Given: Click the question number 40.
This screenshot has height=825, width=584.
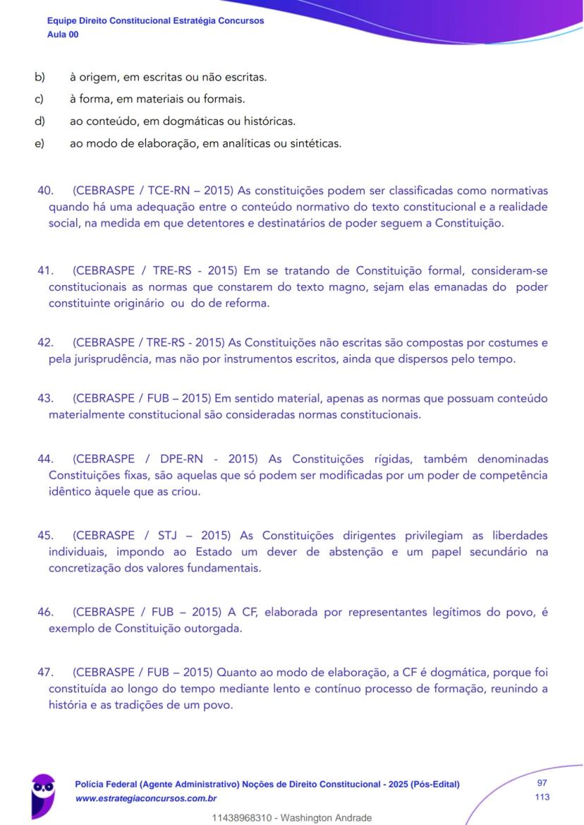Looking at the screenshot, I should (46, 191).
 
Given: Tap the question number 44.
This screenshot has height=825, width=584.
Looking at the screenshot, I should (46, 459).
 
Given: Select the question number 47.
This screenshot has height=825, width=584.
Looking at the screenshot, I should (46, 672).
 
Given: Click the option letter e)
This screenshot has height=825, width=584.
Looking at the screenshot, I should (39, 144).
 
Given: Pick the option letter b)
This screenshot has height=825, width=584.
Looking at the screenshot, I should (39, 76).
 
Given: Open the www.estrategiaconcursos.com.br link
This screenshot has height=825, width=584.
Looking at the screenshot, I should (145, 797).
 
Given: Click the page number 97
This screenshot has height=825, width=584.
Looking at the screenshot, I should (542, 783).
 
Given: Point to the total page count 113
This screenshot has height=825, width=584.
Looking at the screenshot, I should (542, 797).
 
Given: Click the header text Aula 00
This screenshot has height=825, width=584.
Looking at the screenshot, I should (63, 34).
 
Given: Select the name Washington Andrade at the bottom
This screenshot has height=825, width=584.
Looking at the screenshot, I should (327, 818).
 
